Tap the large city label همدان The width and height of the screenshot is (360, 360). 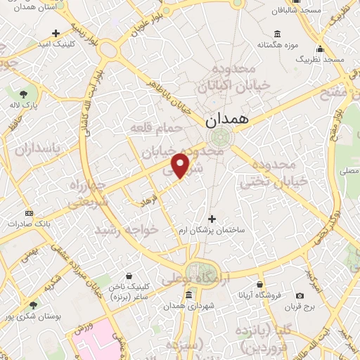coord(228,120)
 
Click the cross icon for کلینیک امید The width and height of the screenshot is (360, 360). coord(56,33)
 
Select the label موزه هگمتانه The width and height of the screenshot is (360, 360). coord(276,45)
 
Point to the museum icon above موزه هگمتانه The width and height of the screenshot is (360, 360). coord(276,34)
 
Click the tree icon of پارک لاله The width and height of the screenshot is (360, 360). coord(24,94)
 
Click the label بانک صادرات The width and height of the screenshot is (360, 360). coord(27,224)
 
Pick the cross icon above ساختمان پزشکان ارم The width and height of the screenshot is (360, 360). coord(212,219)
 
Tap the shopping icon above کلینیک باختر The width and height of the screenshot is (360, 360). coord(128,276)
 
